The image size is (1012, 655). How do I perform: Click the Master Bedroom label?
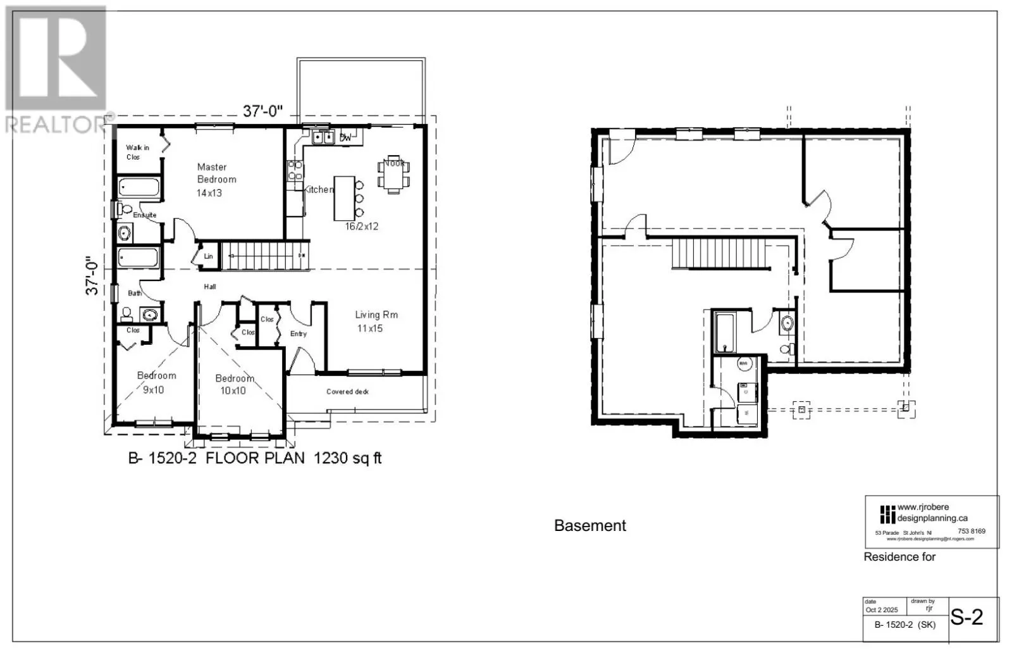216,179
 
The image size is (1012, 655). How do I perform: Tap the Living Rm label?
376,321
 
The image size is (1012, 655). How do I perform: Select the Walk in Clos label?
137,152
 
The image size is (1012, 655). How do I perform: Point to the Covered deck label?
347,392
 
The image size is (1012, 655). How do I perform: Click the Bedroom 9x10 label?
156,382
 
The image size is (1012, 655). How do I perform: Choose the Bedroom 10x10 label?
234,384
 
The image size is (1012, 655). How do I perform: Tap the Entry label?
299,334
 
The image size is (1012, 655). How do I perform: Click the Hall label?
210,287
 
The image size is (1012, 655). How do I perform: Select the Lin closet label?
208,256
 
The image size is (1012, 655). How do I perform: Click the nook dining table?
393,173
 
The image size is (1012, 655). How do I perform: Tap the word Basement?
589,525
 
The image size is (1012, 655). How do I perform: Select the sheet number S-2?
967,616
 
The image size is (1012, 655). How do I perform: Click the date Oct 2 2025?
881,610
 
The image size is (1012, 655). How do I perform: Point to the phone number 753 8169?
972,532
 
